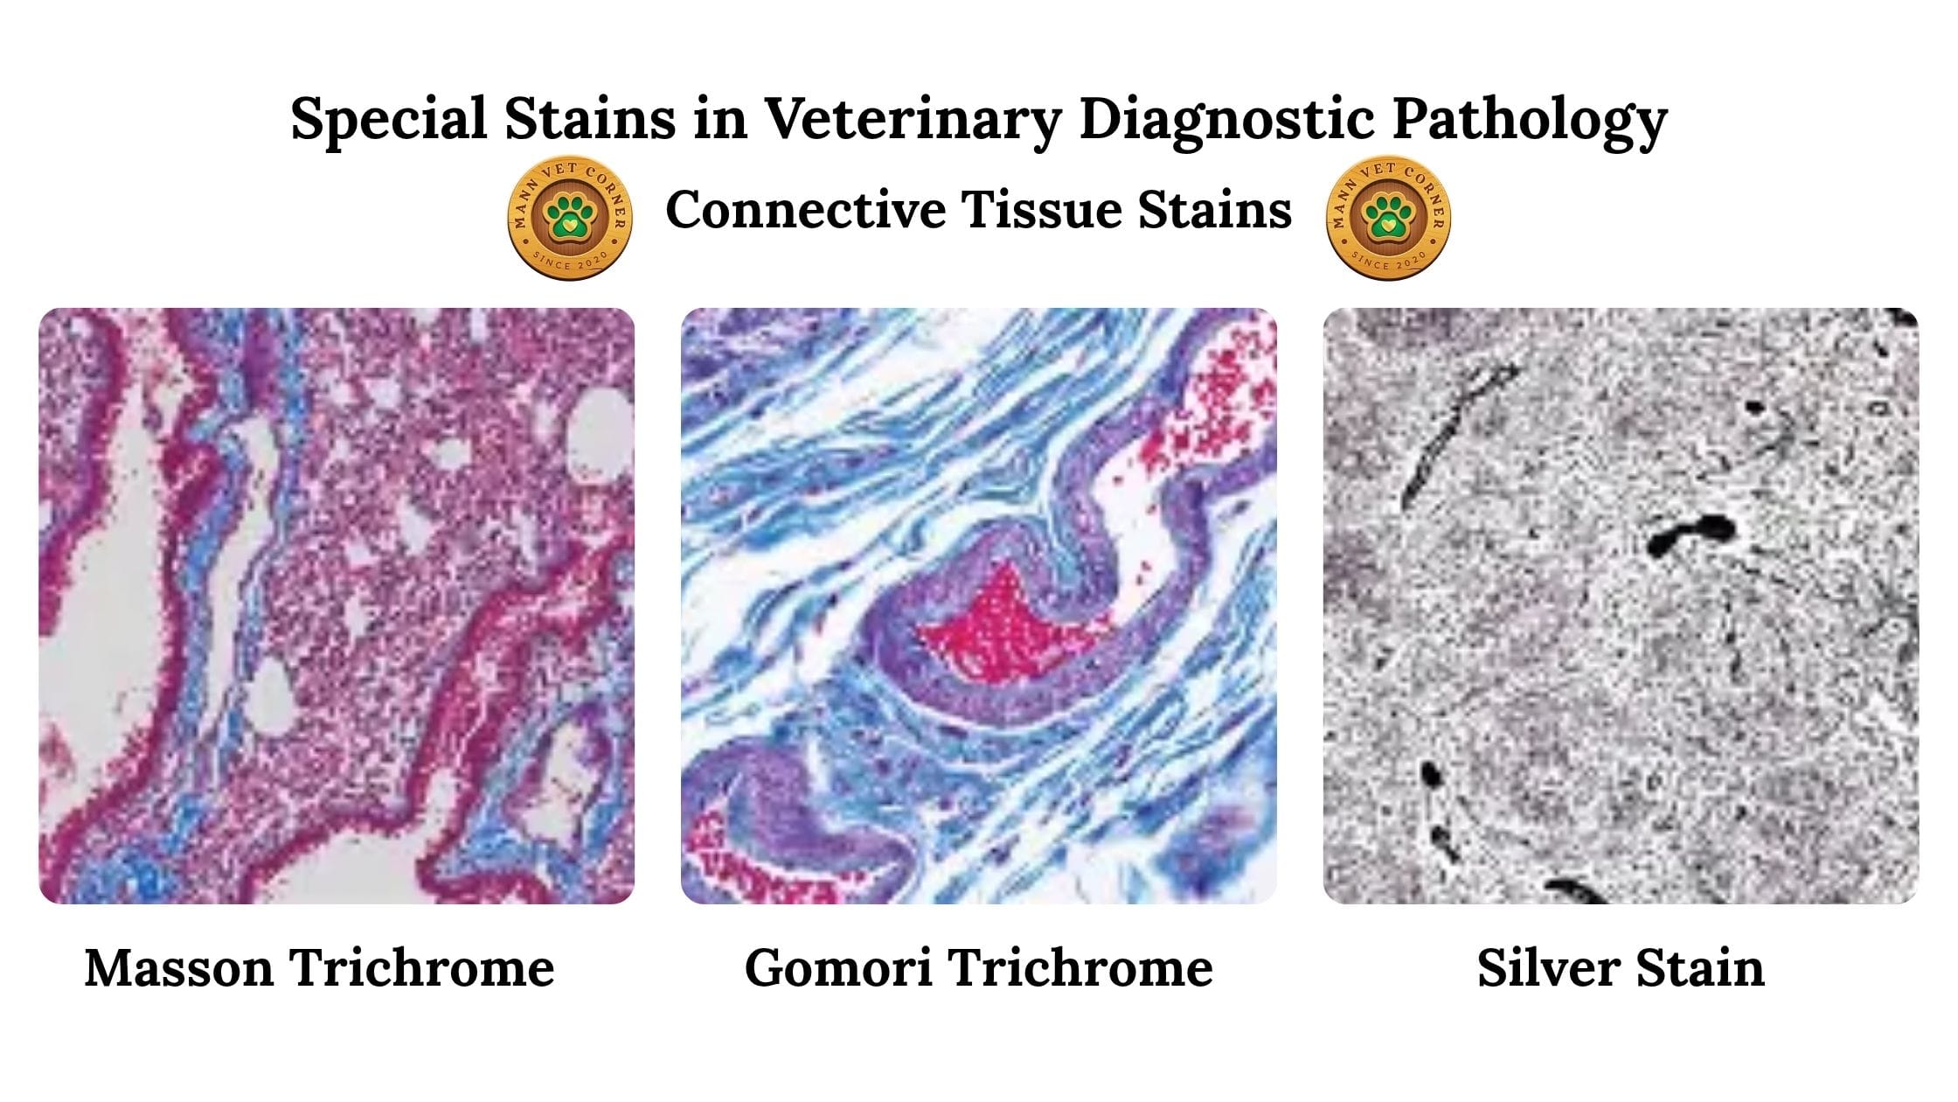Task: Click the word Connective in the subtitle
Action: click(805, 210)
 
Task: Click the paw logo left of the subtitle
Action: click(570, 218)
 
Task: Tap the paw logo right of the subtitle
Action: click(1388, 218)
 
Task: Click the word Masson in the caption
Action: click(178, 968)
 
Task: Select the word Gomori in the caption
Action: click(837, 968)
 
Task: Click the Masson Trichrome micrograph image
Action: click(337, 605)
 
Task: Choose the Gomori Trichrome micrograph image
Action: click(979, 605)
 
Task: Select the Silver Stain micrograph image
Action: click(1621, 605)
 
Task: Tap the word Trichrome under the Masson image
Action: click(422, 968)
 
